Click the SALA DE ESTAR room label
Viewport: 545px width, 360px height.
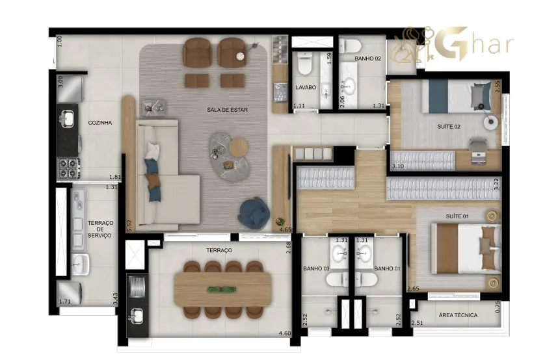228,110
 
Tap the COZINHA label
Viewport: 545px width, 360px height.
100,123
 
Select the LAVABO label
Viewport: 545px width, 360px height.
306,88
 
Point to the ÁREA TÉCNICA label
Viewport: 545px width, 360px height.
458,315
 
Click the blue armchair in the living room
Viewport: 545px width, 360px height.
254,212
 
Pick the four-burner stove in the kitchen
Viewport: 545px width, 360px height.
68,168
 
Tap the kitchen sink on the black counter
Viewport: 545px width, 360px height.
68,118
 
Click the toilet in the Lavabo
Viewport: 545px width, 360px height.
305,64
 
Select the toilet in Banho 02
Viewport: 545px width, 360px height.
351,45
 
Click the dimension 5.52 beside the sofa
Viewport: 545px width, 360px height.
129,225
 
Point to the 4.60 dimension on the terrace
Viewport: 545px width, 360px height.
285,333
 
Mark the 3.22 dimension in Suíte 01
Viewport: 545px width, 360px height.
496,184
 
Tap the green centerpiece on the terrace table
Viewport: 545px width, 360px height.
222,289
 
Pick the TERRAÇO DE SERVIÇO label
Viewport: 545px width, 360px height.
100,229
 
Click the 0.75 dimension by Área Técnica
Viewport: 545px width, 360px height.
498,307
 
